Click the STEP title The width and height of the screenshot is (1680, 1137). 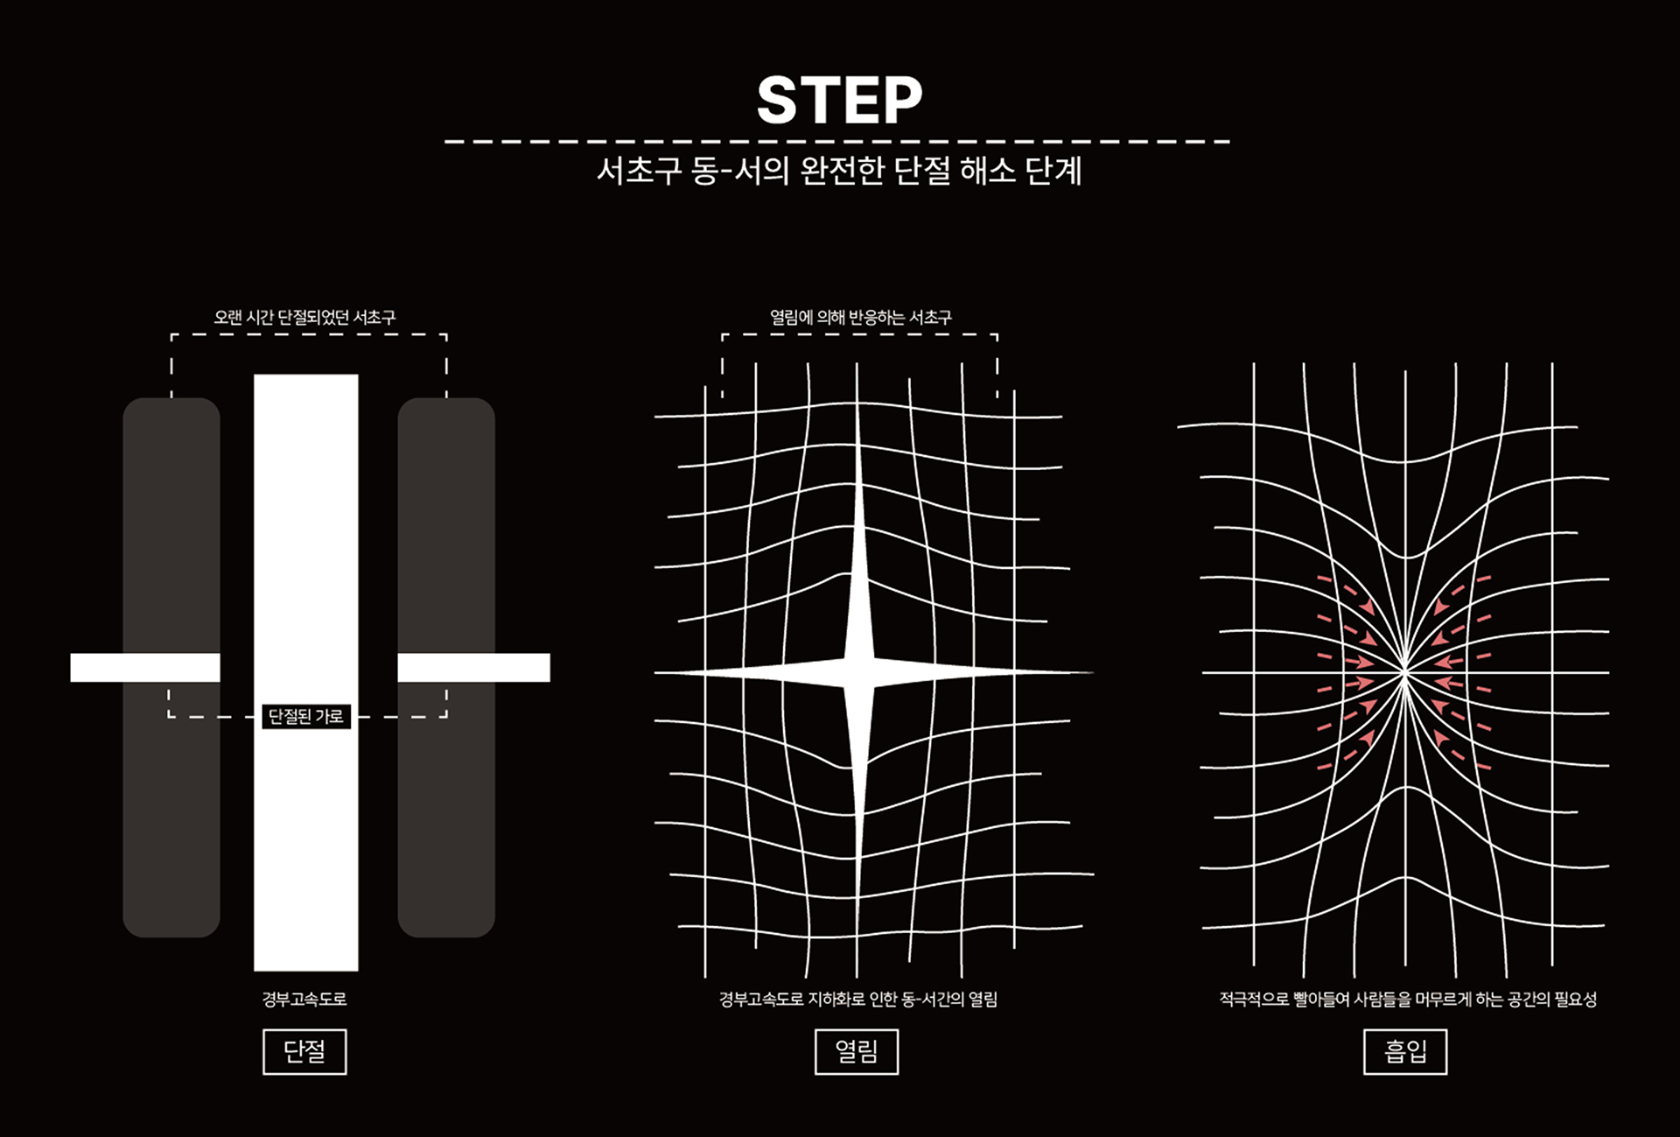coord(839,100)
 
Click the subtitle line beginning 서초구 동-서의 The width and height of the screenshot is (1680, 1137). coord(839,171)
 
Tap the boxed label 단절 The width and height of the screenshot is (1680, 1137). coord(304,1051)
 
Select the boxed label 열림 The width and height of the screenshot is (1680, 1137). coord(857,1051)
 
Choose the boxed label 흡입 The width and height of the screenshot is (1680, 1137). coord(1405,1051)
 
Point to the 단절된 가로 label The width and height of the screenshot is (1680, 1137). coord(306,717)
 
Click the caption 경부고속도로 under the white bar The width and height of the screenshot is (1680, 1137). coord(304,1000)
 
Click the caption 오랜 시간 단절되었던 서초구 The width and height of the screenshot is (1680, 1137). coord(304,317)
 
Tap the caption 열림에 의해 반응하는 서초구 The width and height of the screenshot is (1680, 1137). coord(860,317)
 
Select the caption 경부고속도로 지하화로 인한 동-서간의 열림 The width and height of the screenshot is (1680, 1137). coord(858,1000)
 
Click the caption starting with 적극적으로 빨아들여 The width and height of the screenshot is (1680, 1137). coord(1408,1000)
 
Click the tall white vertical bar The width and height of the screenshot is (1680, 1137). coord(306,672)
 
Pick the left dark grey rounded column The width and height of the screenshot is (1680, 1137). coord(171,668)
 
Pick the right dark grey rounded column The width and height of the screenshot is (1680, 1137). coord(446,668)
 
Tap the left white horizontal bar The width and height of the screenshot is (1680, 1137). coord(145,668)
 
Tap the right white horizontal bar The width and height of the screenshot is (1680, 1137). coord(474,668)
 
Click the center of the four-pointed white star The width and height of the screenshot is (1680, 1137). coord(858,672)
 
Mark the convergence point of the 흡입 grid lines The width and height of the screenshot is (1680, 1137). coord(1405,672)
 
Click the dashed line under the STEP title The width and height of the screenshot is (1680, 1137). coord(837,141)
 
